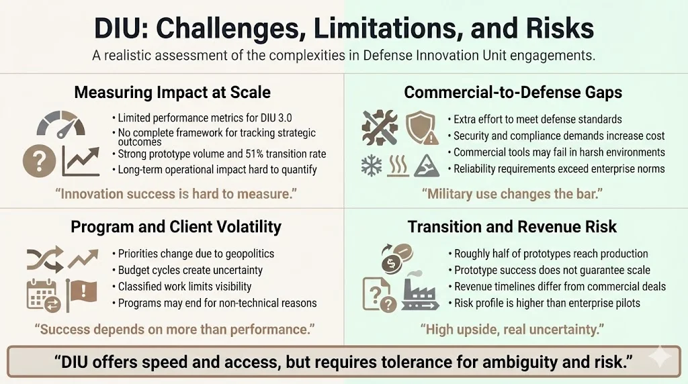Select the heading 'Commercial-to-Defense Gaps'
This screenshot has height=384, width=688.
513,92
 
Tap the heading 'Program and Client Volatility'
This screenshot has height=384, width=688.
176,227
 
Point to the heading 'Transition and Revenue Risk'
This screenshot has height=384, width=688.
512,227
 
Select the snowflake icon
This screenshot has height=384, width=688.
372,165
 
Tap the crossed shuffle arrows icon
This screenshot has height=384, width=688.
44,258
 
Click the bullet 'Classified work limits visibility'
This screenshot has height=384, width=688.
185,287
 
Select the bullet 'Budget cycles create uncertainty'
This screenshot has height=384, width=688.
190,271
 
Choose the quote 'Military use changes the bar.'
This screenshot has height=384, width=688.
512,195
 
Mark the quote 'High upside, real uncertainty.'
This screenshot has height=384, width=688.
512,330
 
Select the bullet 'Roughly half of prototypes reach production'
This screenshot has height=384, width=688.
551,254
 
